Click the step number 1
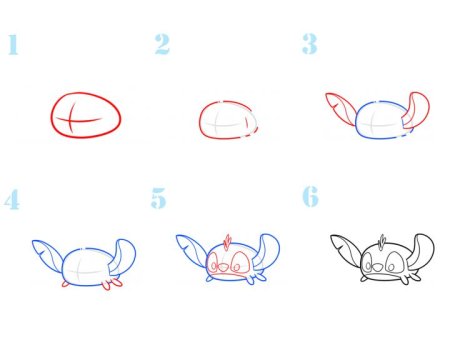click(13, 44)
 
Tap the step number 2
click(162, 44)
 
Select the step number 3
click(310, 44)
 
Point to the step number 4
click(12, 199)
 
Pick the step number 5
click(158, 198)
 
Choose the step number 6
click(310, 196)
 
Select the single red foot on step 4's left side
click(65, 284)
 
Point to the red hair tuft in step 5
click(228, 242)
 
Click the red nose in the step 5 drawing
click(224, 266)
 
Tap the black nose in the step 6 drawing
click(378, 267)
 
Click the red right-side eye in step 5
click(240, 261)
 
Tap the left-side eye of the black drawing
click(367, 262)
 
